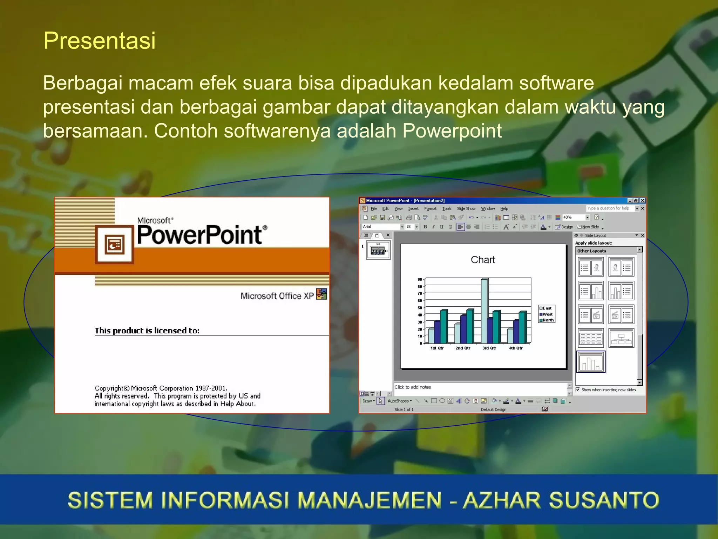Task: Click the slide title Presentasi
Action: (x=99, y=41)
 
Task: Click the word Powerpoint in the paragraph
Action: (x=452, y=131)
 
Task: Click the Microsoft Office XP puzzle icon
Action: (x=321, y=294)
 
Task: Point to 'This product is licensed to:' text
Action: (x=147, y=331)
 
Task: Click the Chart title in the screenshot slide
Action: (x=483, y=260)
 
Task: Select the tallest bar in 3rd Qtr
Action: (x=484, y=311)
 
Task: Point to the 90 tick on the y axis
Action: (x=420, y=280)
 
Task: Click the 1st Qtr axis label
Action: (x=437, y=348)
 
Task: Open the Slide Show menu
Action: (x=466, y=208)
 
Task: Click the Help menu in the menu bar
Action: (x=504, y=208)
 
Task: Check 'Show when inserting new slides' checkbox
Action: (x=578, y=390)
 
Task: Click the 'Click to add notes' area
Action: (x=413, y=387)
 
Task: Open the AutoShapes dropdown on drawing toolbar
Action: (x=400, y=401)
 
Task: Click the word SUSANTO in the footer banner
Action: (x=604, y=500)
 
